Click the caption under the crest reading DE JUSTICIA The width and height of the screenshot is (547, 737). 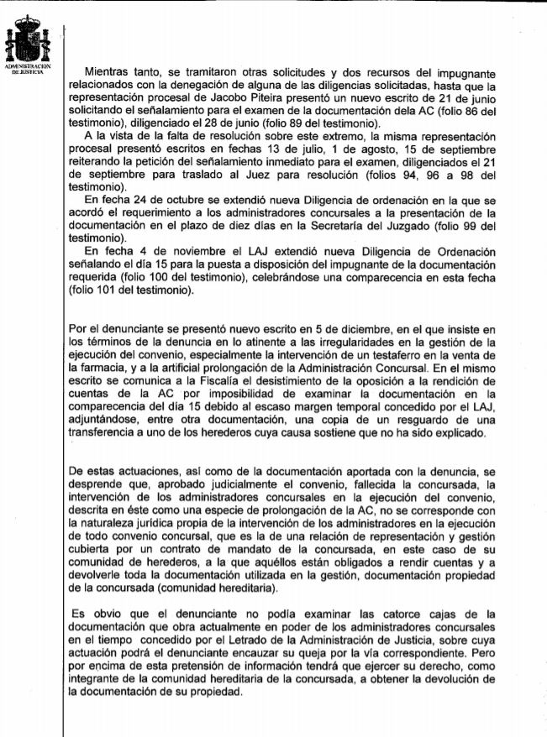tap(29, 72)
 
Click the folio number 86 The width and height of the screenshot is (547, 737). tap(465, 112)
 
